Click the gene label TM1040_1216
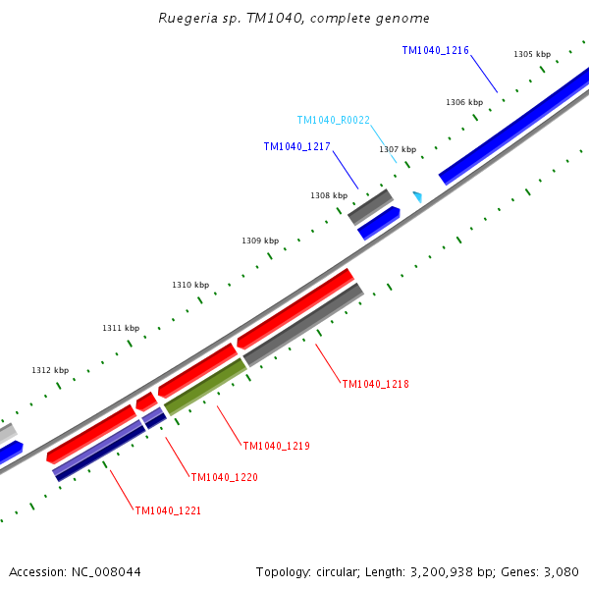point(435,50)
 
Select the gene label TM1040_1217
point(296,146)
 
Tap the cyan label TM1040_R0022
point(333,120)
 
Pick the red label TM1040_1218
point(375,384)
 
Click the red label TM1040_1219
point(276,446)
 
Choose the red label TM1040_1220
point(224,477)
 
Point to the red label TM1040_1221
point(168,510)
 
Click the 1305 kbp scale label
point(532,55)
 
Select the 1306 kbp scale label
point(464,102)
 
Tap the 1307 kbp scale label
point(398,149)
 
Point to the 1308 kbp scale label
point(329,195)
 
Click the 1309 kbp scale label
point(260,241)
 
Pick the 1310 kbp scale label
point(190,285)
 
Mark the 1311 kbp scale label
point(121,328)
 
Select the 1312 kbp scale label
point(50,370)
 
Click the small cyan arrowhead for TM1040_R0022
point(417,196)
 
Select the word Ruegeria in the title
point(187,19)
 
